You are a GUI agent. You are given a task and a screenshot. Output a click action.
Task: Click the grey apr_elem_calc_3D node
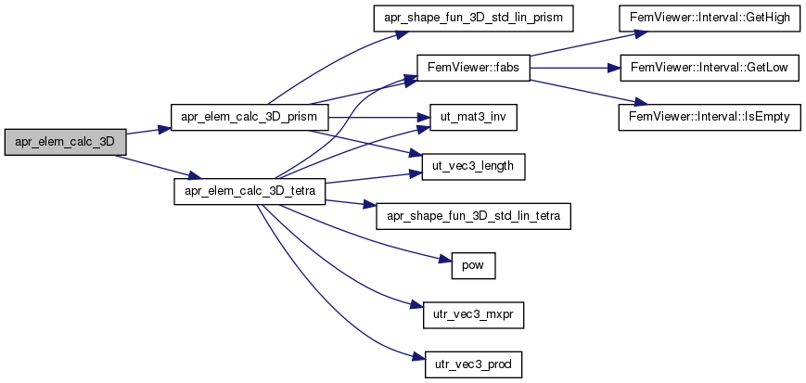pyautogui.click(x=65, y=141)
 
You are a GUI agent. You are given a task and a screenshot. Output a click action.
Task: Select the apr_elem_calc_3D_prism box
pyautogui.click(x=249, y=118)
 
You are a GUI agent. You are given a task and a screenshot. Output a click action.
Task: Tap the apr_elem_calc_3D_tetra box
pyautogui.click(x=249, y=192)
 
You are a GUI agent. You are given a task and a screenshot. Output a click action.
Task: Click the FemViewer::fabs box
pyautogui.click(x=473, y=69)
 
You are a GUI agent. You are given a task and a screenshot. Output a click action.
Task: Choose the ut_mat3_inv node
pyautogui.click(x=473, y=118)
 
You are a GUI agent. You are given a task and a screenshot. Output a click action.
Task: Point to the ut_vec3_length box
pyautogui.click(x=473, y=167)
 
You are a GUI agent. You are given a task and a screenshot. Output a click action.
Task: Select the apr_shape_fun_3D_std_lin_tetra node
pyautogui.click(x=473, y=216)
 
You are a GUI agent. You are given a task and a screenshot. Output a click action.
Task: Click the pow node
pyautogui.click(x=473, y=266)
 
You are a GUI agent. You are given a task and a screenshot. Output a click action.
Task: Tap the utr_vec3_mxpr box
pyautogui.click(x=473, y=315)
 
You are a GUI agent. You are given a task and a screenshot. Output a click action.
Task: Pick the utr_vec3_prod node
pyautogui.click(x=473, y=364)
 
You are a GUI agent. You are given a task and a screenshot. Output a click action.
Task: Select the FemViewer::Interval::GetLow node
pyautogui.click(x=710, y=69)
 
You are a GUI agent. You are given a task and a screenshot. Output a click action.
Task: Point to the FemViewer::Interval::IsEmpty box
pyautogui.click(x=710, y=118)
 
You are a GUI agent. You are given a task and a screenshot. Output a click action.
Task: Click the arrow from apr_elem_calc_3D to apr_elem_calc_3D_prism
pyautogui.click(x=148, y=131)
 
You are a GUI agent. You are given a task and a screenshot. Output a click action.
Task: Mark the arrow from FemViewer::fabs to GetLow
pyautogui.click(x=575, y=69)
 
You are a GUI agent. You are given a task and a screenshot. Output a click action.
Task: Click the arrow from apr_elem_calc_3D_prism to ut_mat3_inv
pyautogui.click(x=378, y=118)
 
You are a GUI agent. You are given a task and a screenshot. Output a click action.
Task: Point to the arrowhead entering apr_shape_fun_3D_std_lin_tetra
pyautogui.click(x=369, y=205)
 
